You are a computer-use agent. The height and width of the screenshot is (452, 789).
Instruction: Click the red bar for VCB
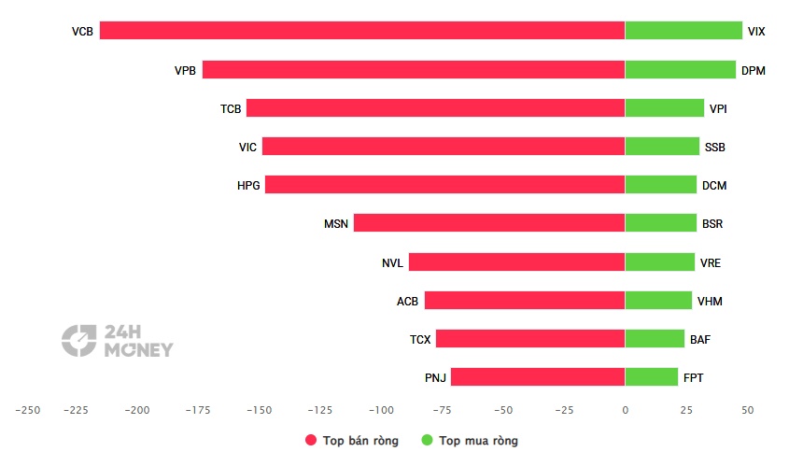362,30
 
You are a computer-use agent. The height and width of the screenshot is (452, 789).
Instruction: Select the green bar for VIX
683,30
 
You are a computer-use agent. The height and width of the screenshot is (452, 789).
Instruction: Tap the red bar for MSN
489,222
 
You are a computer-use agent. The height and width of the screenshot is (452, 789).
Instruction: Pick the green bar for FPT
652,376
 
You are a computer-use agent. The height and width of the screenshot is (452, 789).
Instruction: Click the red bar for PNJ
538,376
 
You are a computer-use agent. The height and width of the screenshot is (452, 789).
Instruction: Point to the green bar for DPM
681,69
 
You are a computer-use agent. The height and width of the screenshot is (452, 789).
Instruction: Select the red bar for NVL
516,261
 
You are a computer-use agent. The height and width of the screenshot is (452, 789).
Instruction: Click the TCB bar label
231,108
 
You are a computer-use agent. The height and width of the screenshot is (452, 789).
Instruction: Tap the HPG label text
248,185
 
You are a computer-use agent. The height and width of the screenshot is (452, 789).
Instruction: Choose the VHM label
710,301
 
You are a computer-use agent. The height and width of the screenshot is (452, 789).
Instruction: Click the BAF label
700,339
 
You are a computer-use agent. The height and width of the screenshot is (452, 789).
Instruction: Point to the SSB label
714,147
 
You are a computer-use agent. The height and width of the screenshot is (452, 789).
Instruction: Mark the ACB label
407,301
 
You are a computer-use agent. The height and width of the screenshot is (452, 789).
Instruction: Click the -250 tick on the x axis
28,410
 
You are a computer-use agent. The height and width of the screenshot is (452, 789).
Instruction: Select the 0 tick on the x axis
625,410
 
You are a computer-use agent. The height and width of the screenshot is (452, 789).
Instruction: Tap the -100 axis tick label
381,410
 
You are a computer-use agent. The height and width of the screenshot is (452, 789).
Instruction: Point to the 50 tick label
747,410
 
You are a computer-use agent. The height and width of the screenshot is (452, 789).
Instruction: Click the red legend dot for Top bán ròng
311,440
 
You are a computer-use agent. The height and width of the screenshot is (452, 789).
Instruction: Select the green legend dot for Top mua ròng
427,440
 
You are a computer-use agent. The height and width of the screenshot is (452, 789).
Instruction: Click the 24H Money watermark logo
118,341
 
